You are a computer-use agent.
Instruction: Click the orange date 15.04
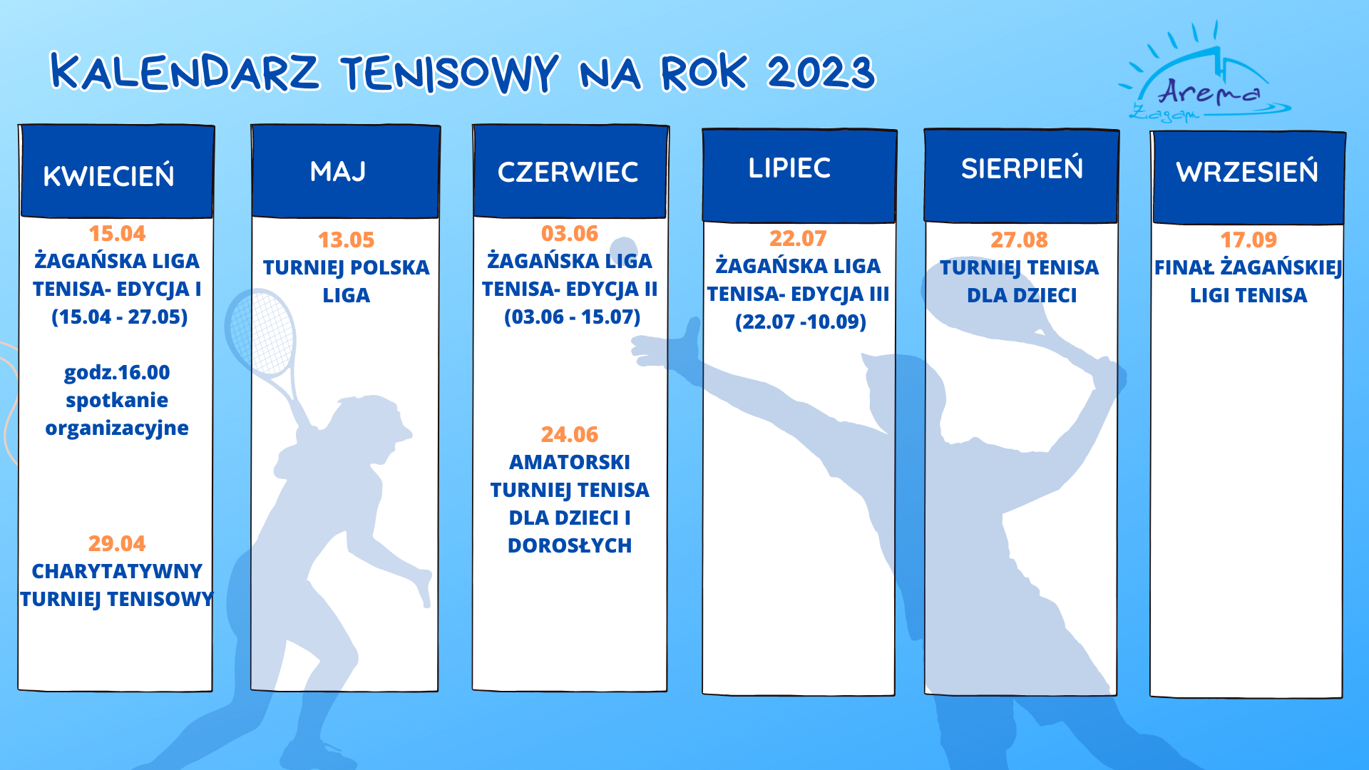(117, 233)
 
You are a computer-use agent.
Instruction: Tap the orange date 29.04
(117, 543)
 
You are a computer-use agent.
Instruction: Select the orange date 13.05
(346, 240)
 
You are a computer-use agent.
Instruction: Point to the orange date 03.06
(570, 233)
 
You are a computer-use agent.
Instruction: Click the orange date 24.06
(570, 434)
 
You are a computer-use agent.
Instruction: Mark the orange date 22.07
(798, 238)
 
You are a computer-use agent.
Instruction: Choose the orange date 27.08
(1019, 240)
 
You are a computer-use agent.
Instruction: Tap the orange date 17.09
(1248, 240)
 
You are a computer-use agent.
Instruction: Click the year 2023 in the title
(821, 73)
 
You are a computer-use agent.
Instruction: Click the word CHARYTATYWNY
(117, 571)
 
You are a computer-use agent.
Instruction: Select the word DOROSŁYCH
(570, 545)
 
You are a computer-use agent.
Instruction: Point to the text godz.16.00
(117, 372)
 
